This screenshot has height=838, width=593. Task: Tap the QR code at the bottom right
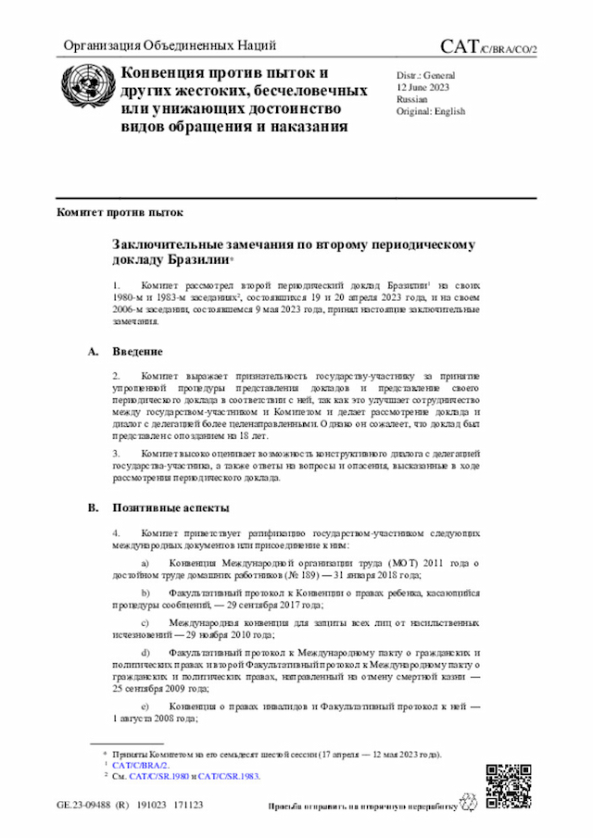508,784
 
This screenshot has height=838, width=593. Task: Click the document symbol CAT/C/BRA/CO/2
488,47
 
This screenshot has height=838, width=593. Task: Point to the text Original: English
430,111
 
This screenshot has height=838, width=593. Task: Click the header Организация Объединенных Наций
170,46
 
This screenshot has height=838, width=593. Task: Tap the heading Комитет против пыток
120,212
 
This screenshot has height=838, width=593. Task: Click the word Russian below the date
411,98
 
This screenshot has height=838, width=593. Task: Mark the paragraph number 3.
117,453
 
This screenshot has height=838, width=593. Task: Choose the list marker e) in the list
145,707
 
